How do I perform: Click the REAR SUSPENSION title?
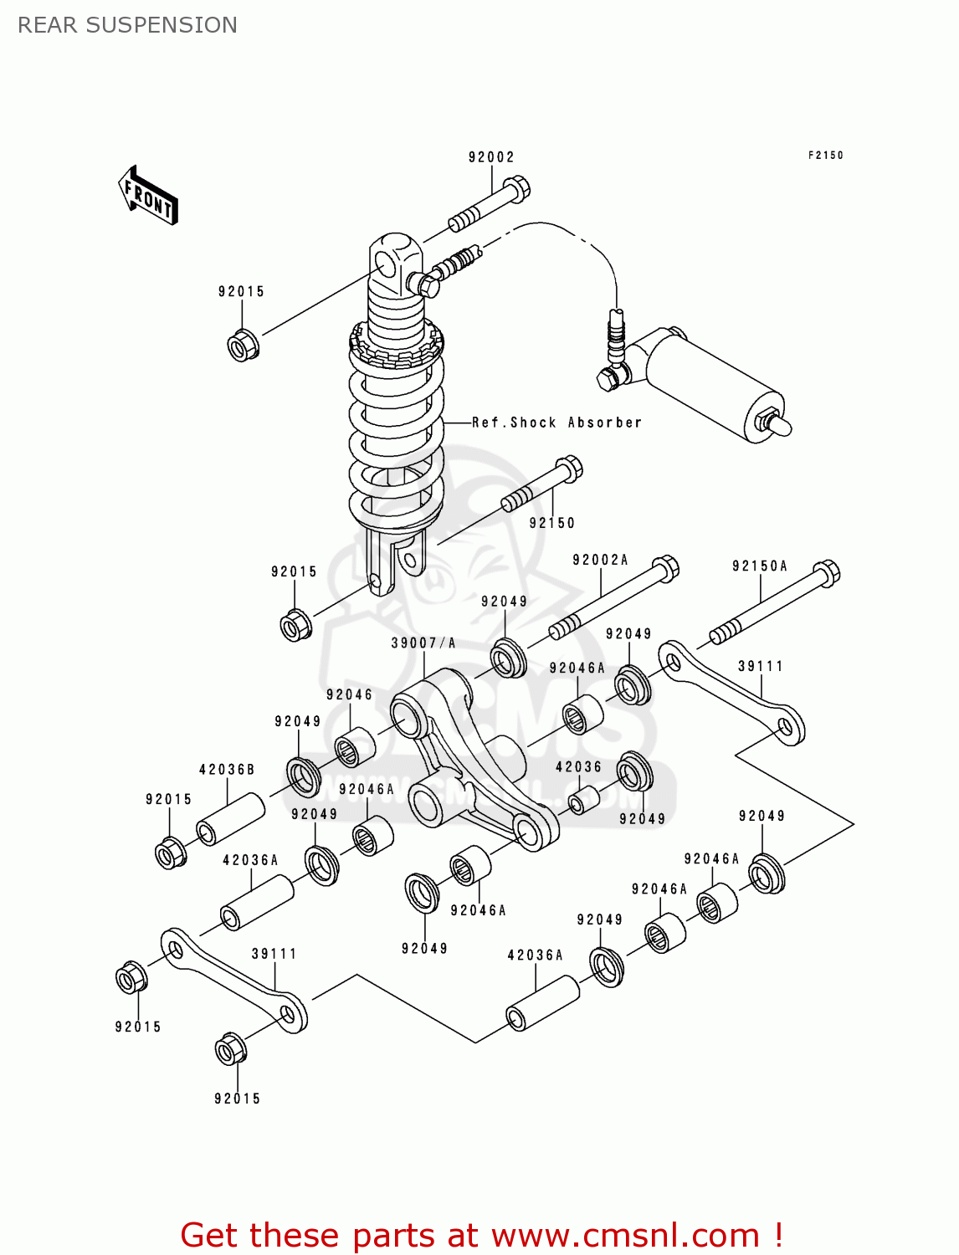(127, 25)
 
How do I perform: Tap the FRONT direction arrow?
(149, 197)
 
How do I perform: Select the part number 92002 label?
(491, 157)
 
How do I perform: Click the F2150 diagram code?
(825, 155)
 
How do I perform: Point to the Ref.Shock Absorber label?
(556, 423)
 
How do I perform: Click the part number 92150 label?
(552, 523)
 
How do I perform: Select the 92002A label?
(600, 560)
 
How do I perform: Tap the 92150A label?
(760, 566)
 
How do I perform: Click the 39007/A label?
(423, 643)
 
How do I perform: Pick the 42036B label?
(227, 769)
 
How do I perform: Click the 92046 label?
(349, 694)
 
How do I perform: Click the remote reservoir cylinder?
(711, 381)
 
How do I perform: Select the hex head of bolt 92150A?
(826, 573)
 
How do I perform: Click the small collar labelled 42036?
(583, 800)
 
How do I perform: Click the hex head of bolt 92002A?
(665, 568)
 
